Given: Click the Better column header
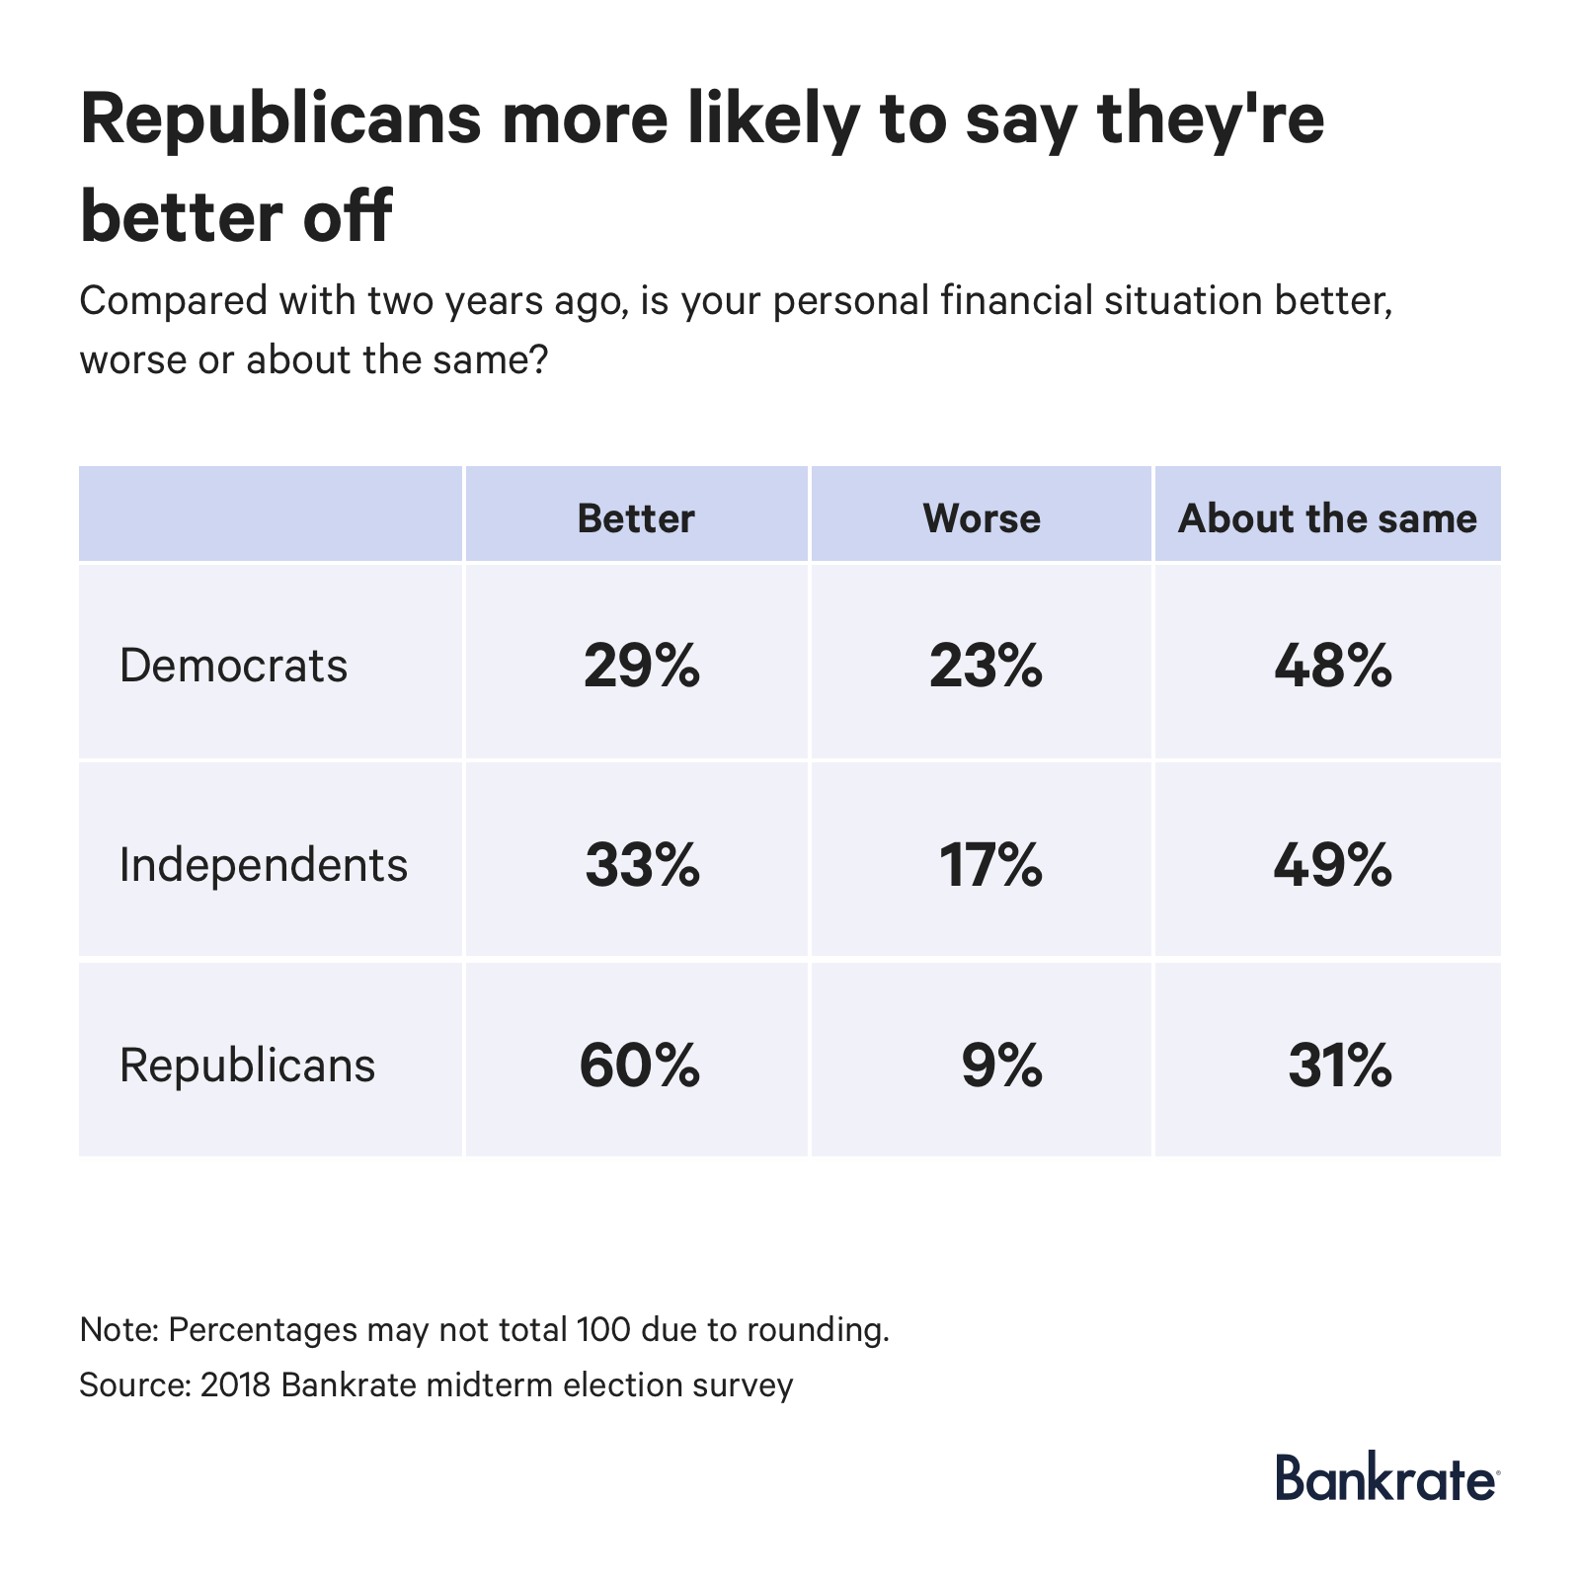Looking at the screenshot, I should (x=636, y=518).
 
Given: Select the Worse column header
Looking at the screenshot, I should (x=982, y=518).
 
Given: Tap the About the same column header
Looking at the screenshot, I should (x=1327, y=518).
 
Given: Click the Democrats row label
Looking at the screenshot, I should (x=233, y=666).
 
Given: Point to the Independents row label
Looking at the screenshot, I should (x=263, y=865).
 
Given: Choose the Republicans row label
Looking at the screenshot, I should (x=247, y=1066).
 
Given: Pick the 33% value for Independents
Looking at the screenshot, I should (x=642, y=865).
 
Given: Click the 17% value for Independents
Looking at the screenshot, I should (x=990, y=865).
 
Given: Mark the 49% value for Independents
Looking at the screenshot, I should (x=1333, y=865).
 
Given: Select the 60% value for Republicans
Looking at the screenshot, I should (x=640, y=1066).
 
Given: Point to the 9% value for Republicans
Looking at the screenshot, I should (x=1001, y=1066).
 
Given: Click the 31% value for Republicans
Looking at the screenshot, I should (x=1340, y=1066).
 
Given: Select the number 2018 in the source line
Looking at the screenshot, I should (x=235, y=1384).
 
